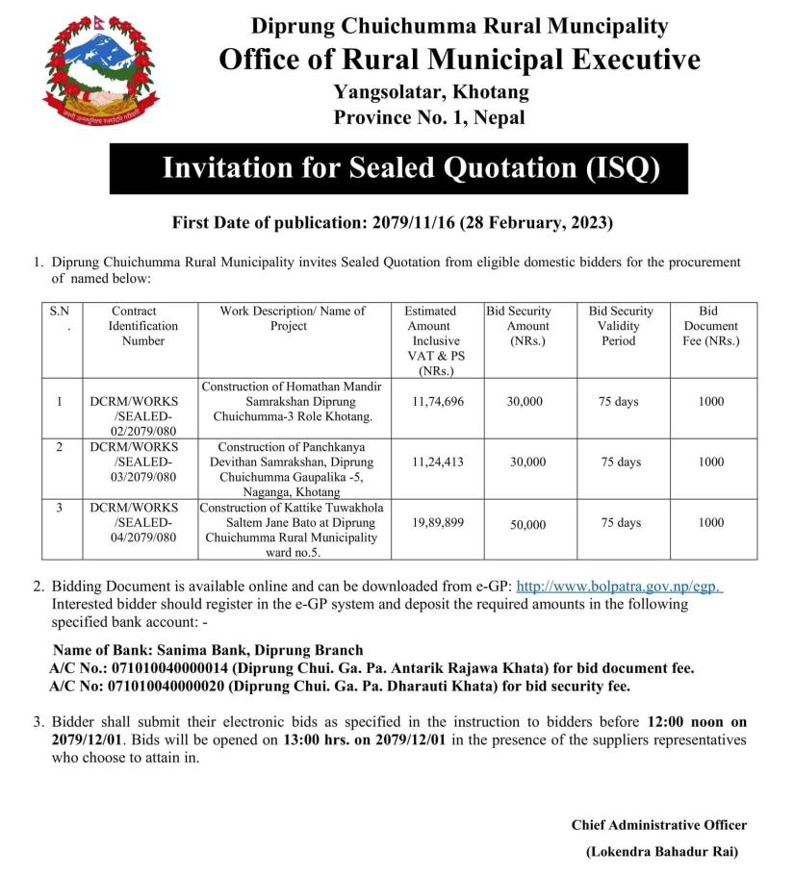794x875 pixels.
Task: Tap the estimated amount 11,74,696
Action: point(437,401)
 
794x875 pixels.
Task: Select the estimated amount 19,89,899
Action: point(437,522)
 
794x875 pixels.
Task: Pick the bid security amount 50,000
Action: point(527,524)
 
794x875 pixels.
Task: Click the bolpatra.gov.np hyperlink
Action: point(620,586)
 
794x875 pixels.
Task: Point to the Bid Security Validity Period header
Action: point(620,326)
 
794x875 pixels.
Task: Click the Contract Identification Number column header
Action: point(143,326)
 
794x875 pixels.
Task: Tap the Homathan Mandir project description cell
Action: point(292,401)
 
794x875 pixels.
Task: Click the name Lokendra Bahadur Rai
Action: point(665,851)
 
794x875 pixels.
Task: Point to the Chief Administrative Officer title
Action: point(658,825)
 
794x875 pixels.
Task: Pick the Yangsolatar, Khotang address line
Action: point(431,93)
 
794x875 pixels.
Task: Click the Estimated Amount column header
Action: point(437,340)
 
